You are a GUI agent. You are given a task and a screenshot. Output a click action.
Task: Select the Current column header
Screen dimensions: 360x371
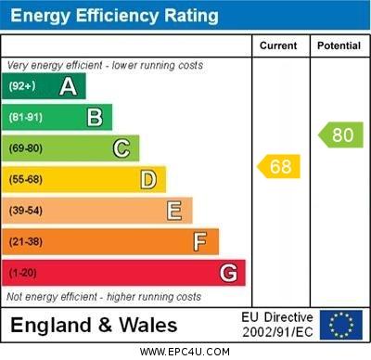278,45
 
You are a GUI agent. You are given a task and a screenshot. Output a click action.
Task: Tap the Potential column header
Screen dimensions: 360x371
339,45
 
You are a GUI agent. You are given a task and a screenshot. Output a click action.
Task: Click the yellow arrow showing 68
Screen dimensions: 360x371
278,167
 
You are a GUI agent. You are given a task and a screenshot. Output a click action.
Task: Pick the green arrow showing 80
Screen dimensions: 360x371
340,135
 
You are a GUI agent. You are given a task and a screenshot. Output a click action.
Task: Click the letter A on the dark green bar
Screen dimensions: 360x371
68,86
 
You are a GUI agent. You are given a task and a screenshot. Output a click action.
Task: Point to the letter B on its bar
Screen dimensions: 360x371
95,117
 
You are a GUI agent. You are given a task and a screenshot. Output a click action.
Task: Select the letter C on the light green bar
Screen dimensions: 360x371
122,148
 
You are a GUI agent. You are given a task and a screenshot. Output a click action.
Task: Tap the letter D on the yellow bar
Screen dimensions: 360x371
148,179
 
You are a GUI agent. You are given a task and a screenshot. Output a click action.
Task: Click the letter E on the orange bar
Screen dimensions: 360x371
174,211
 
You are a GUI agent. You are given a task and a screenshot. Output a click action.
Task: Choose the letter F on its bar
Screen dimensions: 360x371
200,241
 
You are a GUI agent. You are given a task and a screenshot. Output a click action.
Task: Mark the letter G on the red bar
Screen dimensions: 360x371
228,273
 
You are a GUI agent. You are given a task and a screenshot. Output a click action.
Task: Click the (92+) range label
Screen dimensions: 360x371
22,86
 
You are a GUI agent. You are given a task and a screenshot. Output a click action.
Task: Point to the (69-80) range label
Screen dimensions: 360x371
26,148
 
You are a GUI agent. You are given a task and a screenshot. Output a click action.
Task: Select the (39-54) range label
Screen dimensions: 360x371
26,211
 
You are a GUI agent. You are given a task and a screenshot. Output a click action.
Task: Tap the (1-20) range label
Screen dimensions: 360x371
23,273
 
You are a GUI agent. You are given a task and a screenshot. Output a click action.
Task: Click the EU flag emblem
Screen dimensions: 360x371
341,325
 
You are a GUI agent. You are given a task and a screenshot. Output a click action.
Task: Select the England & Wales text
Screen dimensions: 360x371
94,326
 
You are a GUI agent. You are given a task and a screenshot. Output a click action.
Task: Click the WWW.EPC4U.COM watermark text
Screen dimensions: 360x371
185,352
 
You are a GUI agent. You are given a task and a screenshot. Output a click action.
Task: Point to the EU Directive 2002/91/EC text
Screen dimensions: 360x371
277,325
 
